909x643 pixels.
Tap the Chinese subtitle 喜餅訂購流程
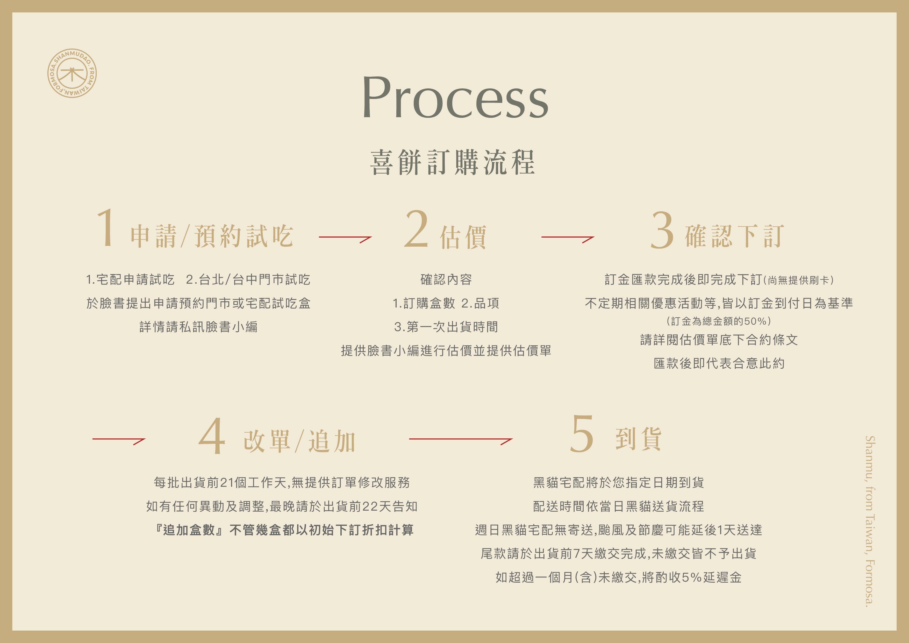(453, 162)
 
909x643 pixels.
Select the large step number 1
(106, 228)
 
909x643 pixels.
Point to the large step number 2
(416, 229)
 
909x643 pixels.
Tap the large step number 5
(582, 434)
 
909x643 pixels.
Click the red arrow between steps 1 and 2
(345, 238)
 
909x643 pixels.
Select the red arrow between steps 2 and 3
(567, 238)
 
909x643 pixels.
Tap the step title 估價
(463, 237)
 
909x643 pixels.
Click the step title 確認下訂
(734, 236)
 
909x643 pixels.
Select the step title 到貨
(638, 439)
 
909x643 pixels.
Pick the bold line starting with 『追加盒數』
(284, 530)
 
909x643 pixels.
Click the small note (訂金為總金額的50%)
(719, 321)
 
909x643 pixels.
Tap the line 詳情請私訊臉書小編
(198, 327)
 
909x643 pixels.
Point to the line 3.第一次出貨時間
(446, 327)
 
